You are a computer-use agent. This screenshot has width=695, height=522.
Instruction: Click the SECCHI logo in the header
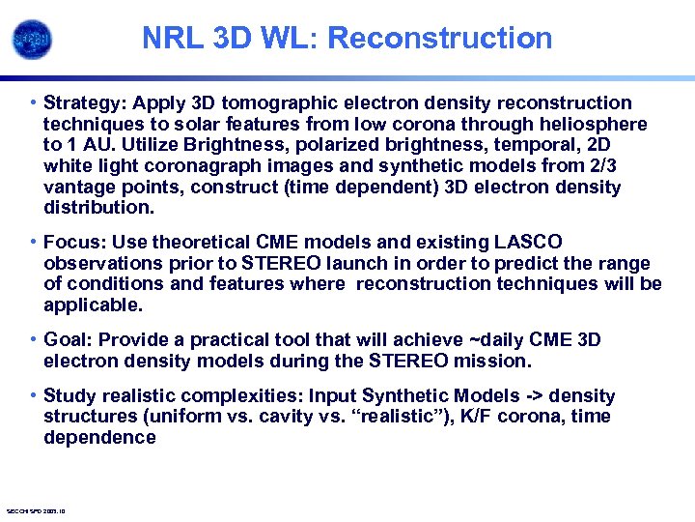coord(32,40)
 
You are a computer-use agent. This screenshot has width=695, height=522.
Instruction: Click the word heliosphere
coord(595,124)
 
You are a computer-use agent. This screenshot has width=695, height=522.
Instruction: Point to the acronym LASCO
coord(528,242)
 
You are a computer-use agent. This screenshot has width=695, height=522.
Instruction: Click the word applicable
coord(92,305)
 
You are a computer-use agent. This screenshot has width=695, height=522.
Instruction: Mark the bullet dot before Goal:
coord(34,339)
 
